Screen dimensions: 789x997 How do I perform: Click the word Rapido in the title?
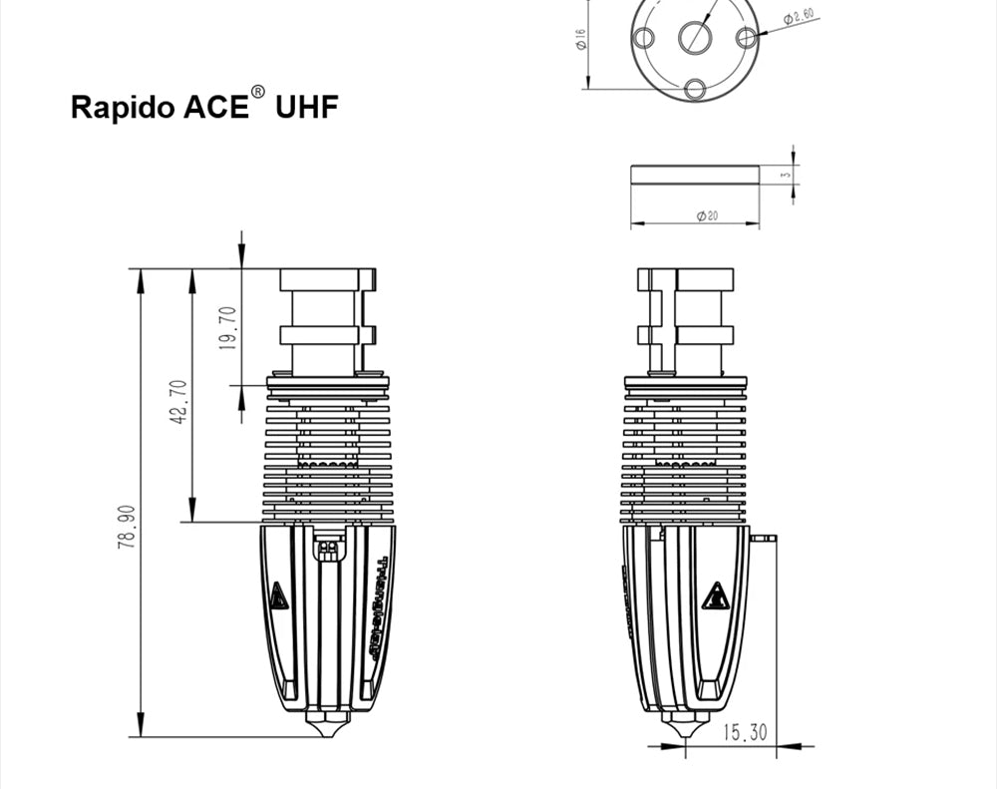pos(123,108)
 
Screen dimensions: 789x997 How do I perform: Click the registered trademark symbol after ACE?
pos(258,92)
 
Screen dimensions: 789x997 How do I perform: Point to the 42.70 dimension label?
pos(178,402)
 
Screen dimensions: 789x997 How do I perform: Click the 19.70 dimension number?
pos(227,328)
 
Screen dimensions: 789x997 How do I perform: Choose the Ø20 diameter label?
pos(706,215)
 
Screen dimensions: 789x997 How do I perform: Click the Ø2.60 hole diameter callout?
pos(799,17)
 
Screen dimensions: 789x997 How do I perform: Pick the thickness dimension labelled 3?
pos(786,175)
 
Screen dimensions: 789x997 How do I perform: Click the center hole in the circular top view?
pos(695,37)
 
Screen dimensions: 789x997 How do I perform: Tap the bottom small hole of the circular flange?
pos(695,89)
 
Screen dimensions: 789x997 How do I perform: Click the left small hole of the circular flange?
pos(644,38)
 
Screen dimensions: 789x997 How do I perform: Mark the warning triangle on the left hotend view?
pos(278,596)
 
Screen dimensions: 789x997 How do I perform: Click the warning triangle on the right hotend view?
pos(714,595)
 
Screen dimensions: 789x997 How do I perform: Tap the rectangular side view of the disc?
pos(695,175)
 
